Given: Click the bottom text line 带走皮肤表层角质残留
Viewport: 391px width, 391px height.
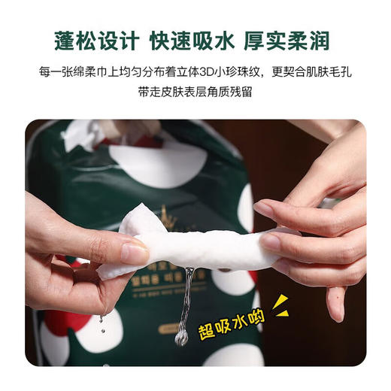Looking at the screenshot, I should [195, 95].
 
